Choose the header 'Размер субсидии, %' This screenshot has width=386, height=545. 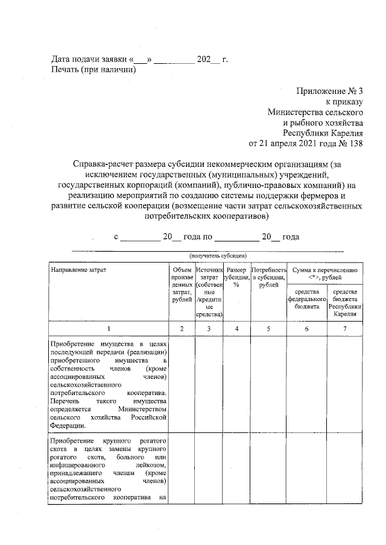point(236,278)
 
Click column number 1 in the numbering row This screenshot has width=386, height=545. point(109,329)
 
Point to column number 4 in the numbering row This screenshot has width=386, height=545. point(236,329)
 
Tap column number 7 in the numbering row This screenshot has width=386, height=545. point(344,329)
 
